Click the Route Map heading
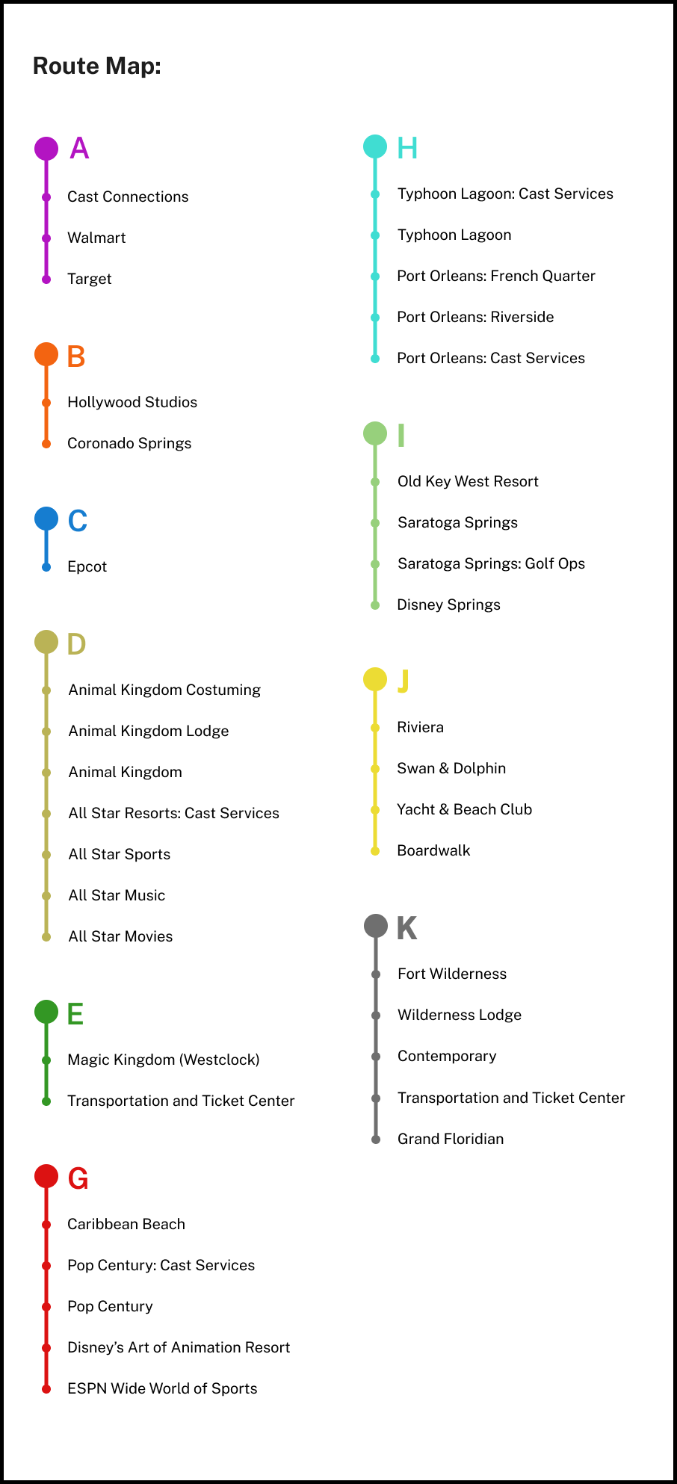point(97,67)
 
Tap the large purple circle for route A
point(46,149)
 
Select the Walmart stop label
point(96,238)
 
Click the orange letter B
point(76,357)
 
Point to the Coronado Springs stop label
point(129,443)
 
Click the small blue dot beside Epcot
point(46,567)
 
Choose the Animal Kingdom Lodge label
point(149,731)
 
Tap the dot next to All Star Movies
point(46,937)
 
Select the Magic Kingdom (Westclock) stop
point(164,1060)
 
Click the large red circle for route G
point(46,1176)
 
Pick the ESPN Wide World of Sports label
point(162,1388)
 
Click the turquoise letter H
point(407,148)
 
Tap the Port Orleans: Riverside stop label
point(475,317)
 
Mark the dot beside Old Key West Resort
point(375,482)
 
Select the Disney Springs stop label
point(448,605)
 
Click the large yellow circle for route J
point(375,679)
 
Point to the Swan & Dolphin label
point(451,768)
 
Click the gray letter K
point(406,928)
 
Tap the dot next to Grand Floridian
point(376,1140)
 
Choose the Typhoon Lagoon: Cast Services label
point(505,194)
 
